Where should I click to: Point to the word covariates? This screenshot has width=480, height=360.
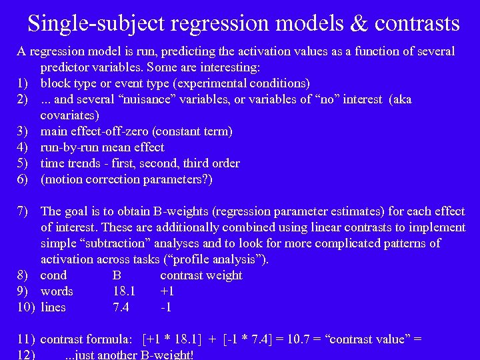tap(69, 115)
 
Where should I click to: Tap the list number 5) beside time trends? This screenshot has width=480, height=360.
tap(22, 163)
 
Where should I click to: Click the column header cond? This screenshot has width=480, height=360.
tap(53, 275)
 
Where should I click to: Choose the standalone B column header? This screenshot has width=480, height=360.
tap(117, 275)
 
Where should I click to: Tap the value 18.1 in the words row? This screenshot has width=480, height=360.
tap(124, 291)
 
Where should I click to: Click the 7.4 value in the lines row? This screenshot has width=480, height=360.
tap(121, 307)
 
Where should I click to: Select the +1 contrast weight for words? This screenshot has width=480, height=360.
tap(167, 291)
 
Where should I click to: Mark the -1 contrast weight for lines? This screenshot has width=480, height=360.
tap(166, 307)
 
